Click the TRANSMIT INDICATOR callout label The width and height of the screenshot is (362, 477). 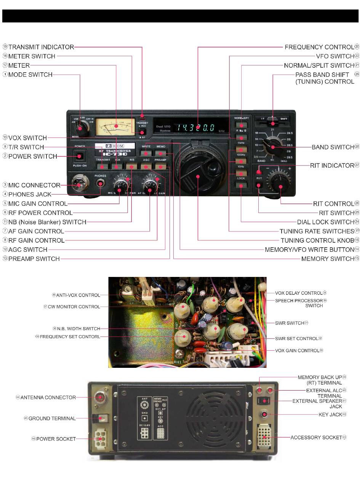pyautogui.click(x=41, y=47)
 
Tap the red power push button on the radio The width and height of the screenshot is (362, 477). pyautogui.click(x=80, y=156)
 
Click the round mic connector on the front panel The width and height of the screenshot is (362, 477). pyautogui.click(x=79, y=185)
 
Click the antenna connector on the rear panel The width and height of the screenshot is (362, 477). pyautogui.click(x=100, y=397)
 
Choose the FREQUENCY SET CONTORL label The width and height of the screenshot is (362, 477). pyautogui.click(x=70, y=337)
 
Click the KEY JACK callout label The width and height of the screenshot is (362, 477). pyautogui.click(x=330, y=414)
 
